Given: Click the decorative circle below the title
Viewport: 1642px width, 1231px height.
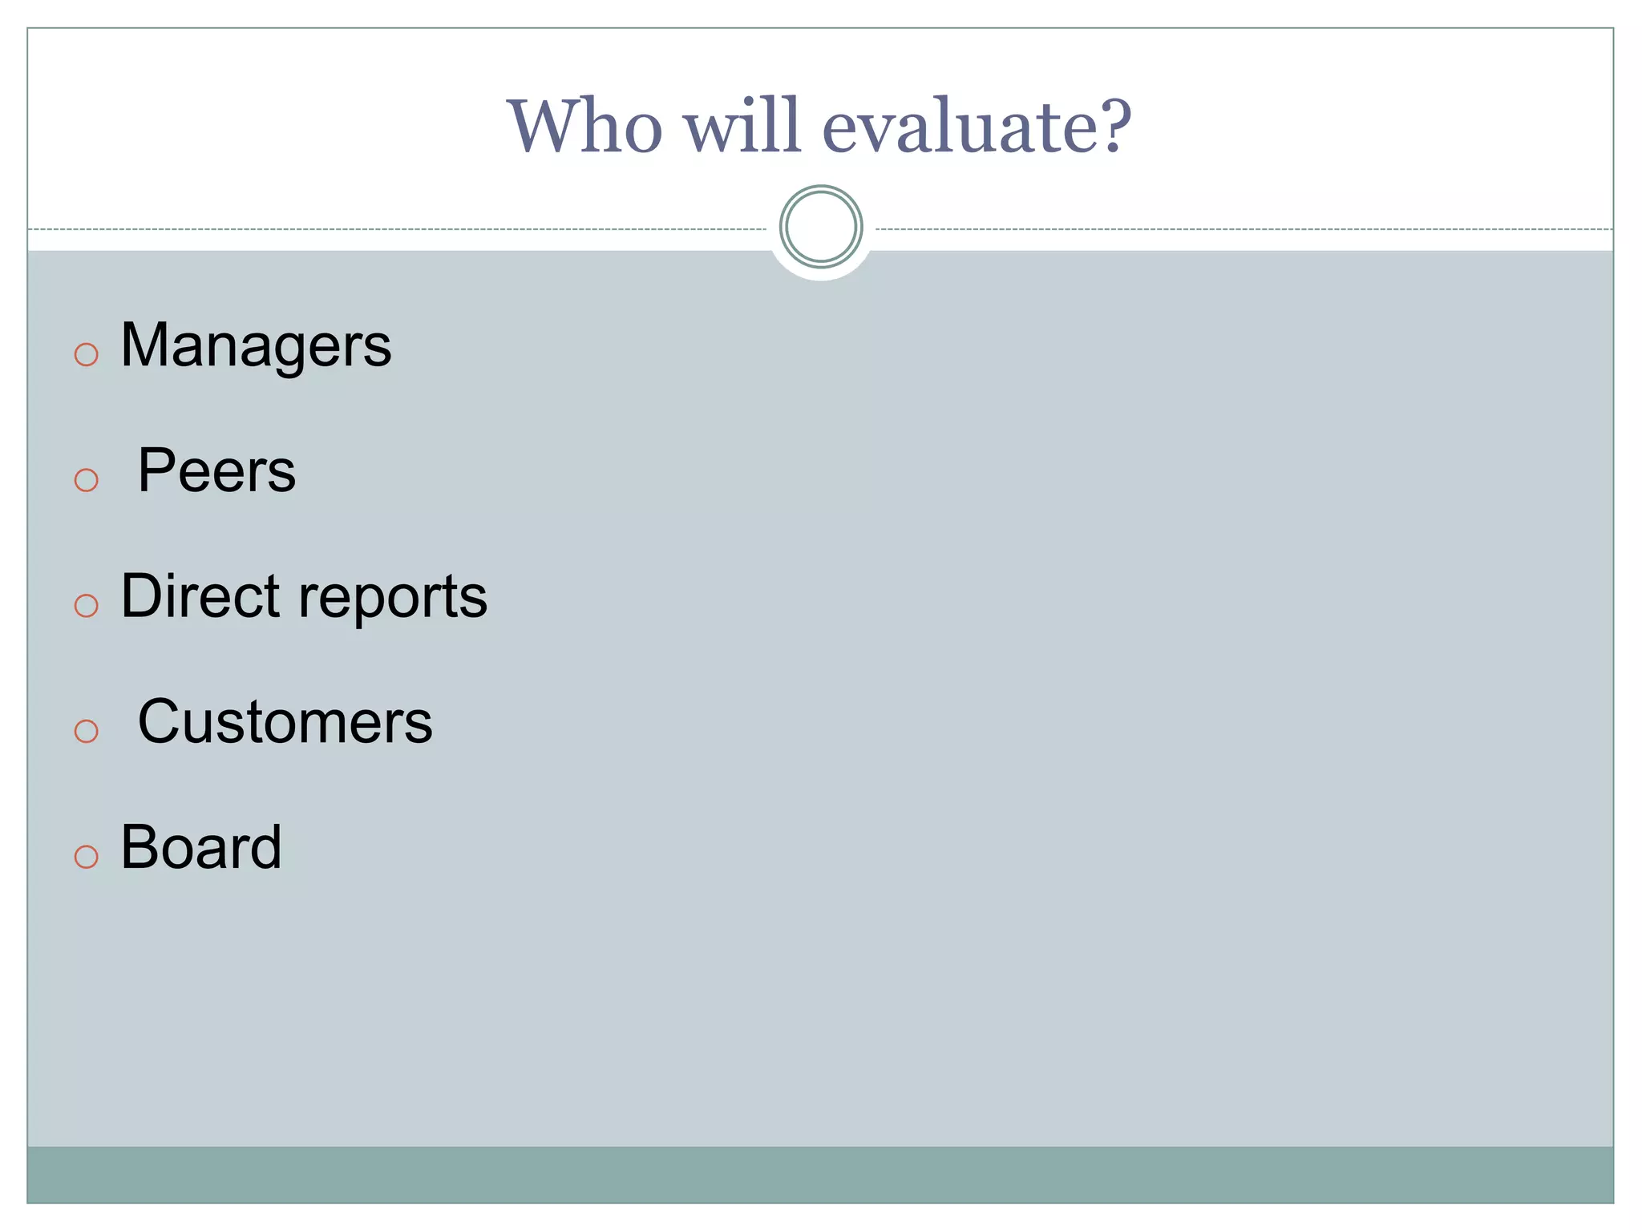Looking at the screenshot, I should tap(820, 227).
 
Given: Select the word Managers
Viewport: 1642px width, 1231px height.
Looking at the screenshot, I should tap(256, 346).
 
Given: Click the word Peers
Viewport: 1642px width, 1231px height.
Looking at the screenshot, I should tap(216, 470).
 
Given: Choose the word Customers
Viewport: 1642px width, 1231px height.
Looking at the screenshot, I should tap(285, 721).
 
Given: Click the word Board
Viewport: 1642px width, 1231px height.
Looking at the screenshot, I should tap(201, 847).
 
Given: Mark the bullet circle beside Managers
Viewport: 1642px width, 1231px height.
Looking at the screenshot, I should tap(86, 354).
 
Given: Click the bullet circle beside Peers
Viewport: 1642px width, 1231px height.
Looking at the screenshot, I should tap(86, 480).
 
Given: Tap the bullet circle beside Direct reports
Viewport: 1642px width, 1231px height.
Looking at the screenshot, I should tap(86, 605).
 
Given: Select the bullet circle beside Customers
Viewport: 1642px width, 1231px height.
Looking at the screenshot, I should tap(86, 731).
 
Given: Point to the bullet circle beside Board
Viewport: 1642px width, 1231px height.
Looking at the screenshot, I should tap(86, 856).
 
